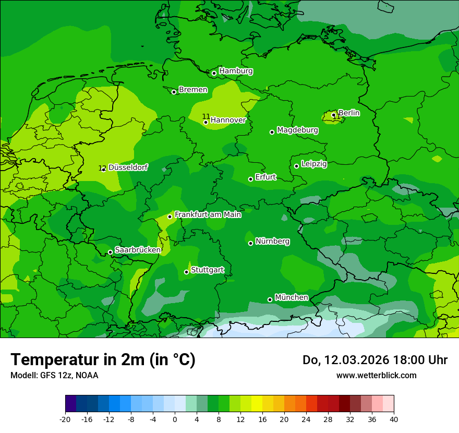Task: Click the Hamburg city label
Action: tap(236, 71)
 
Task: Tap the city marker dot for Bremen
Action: tap(174, 92)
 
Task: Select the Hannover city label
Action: tap(228, 121)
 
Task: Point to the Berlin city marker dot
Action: tap(334, 115)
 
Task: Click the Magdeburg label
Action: tap(297, 130)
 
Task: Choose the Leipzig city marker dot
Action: tap(296, 166)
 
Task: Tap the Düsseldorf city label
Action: tap(128, 167)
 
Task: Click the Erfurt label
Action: tap(265, 177)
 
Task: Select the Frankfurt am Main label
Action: tap(208, 214)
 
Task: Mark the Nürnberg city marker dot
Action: tap(251, 243)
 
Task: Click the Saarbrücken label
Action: tap(138, 250)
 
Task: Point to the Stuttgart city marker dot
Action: tap(186, 272)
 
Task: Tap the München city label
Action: tap(291, 297)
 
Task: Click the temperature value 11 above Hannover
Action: tap(206, 116)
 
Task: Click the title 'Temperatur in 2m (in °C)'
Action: tap(103, 359)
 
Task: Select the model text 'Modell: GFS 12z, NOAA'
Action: tap(54, 375)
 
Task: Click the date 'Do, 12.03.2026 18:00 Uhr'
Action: tap(375, 360)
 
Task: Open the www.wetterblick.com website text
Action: tap(376, 375)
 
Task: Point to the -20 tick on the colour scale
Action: tap(65, 419)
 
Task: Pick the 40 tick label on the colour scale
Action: tap(393, 419)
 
